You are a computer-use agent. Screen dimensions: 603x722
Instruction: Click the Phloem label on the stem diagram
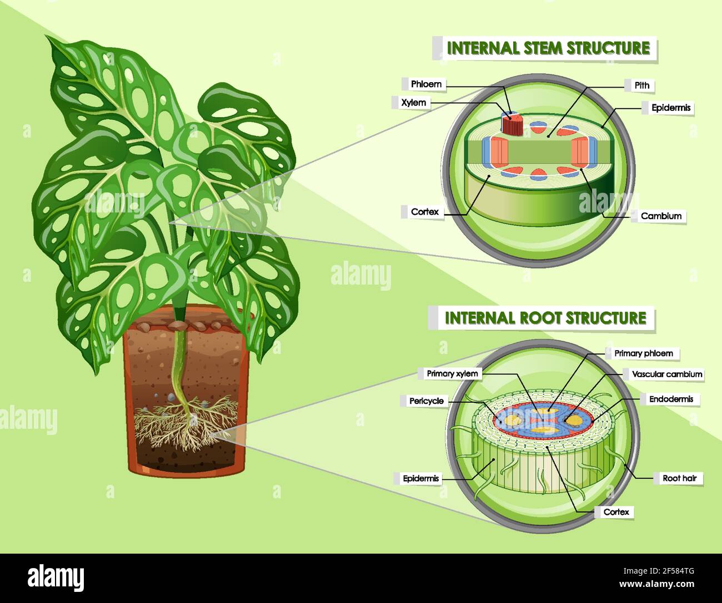426,84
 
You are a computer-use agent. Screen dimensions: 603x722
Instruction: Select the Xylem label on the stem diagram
414,103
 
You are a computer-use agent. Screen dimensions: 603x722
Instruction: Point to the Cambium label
660,216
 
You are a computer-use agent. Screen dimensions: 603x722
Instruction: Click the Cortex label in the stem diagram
425,211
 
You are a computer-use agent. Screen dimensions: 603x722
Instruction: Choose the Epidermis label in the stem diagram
671,108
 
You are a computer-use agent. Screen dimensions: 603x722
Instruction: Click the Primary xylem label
452,373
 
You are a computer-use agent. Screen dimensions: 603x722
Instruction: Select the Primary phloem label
643,353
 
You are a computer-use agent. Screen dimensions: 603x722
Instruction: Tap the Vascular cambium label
666,374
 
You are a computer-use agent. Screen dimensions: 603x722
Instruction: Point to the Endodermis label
670,399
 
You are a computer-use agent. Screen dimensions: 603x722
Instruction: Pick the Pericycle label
426,401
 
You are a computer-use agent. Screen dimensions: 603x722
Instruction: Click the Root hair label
683,478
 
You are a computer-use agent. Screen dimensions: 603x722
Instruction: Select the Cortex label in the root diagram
616,512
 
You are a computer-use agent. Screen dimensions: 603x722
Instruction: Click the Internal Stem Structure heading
548,48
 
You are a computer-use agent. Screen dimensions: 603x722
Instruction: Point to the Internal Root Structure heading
545,318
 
